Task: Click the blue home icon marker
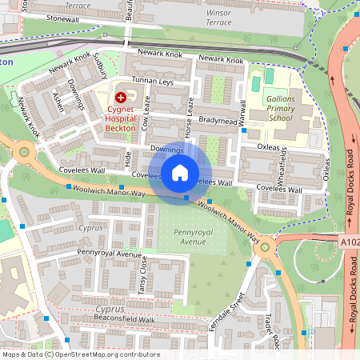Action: (180, 172)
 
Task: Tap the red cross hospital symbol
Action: (121, 95)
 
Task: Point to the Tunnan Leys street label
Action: (152, 82)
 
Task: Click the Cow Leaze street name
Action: (146, 113)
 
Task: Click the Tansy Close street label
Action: (142, 277)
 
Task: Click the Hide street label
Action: (127, 159)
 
